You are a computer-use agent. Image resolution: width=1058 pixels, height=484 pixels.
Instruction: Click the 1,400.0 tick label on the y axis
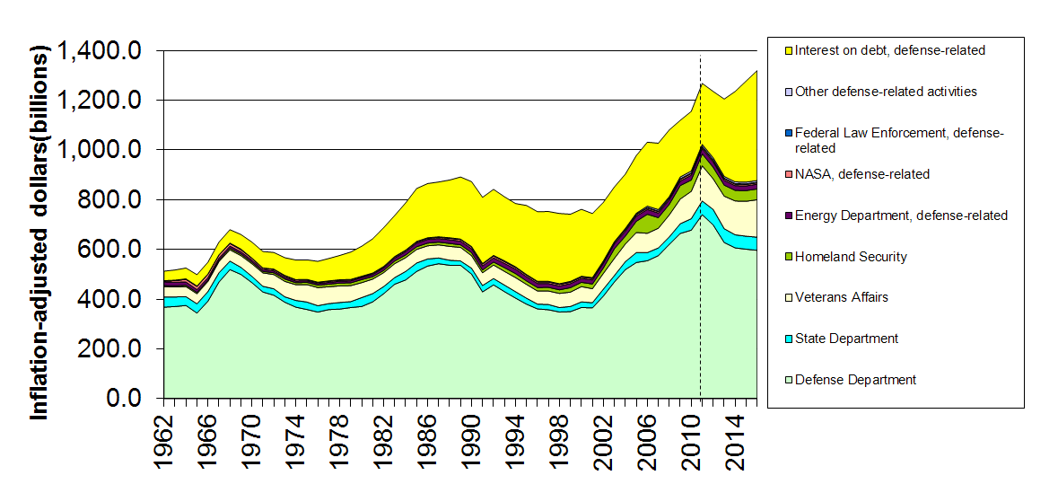click(x=98, y=51)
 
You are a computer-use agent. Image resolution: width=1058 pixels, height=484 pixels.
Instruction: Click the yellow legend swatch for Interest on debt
click(x=786, y=50)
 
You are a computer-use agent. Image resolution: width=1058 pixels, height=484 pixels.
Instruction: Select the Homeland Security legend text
click(x=851, y=257)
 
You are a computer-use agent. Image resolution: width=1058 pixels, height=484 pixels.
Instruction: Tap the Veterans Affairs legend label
click(x=842, y=297)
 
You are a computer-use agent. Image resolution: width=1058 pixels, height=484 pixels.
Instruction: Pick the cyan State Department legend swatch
click(x=786, y=339)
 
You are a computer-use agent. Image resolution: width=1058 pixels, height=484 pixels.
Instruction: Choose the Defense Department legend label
click(x=855, y=380)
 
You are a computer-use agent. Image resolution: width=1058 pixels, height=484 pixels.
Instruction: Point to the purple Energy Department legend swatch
click(x=786, y=216)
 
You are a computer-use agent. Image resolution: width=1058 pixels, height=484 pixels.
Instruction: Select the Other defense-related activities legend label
click(x=886, y=92)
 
